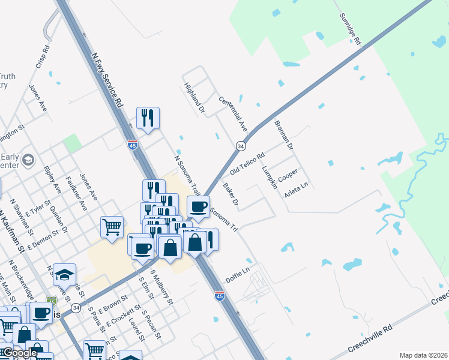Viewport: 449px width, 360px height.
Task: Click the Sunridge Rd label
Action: point(349,30)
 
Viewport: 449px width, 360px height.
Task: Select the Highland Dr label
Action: point(194,98)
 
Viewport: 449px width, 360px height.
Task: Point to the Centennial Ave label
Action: point(233,115)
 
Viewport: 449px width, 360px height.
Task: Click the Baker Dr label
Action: point(231,195)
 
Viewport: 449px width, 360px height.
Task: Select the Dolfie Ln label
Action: point(237,278)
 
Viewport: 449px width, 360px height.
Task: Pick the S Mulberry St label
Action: point(163,289)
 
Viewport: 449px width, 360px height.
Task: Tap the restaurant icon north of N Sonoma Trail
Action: point(148,117)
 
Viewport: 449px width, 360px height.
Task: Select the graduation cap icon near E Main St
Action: point(64,274)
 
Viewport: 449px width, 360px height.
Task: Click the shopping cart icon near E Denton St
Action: point(112,227)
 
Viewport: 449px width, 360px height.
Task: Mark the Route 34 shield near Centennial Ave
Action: point(240,146)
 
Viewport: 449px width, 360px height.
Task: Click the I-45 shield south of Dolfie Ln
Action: point(220,296)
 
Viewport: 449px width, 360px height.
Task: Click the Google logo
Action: point(20,353)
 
